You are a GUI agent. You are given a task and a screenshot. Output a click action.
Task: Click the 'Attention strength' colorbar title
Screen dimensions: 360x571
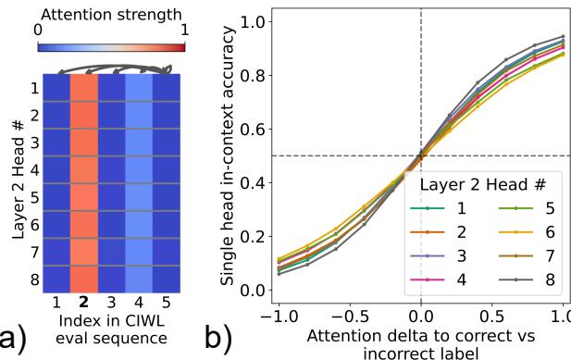[x=110, y=14]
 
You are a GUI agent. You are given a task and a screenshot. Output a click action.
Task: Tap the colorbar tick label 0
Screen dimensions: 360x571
[x=38, y=30]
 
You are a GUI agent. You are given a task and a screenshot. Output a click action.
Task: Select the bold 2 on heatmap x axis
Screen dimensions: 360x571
[x=83, y=303]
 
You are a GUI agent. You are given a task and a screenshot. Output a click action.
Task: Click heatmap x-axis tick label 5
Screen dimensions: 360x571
[x=167, y=303]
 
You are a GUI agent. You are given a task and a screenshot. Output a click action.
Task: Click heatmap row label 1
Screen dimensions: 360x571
[x=33, y=89]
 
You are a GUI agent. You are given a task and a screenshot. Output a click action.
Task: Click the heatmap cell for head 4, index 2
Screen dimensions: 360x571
[x=83, y=170]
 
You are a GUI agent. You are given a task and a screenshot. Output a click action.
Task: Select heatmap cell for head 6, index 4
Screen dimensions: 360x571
[x=139, y=224]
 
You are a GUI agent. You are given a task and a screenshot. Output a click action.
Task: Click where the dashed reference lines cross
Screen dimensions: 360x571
[x=421, y=155]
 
